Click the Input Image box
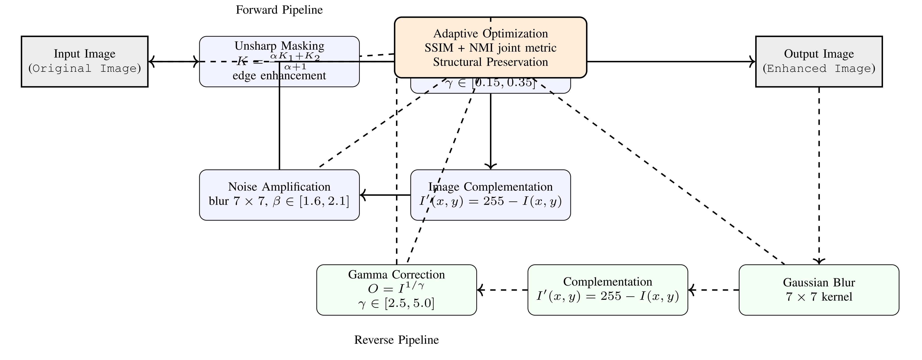(84, 61)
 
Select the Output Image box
(819, 61)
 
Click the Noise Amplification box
(279, 195)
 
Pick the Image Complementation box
(490, 195)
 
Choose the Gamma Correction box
(397, 290)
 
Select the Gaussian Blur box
(819, 290)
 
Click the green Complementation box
(608, 290)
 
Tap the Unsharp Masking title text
(279, 46)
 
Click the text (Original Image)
(84, 68)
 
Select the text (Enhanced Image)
(819, 68)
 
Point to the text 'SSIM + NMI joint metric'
(490, 48)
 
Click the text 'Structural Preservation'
(490, 62)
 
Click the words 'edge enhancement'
(279, 76)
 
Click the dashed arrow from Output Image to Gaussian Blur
(819, 175)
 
